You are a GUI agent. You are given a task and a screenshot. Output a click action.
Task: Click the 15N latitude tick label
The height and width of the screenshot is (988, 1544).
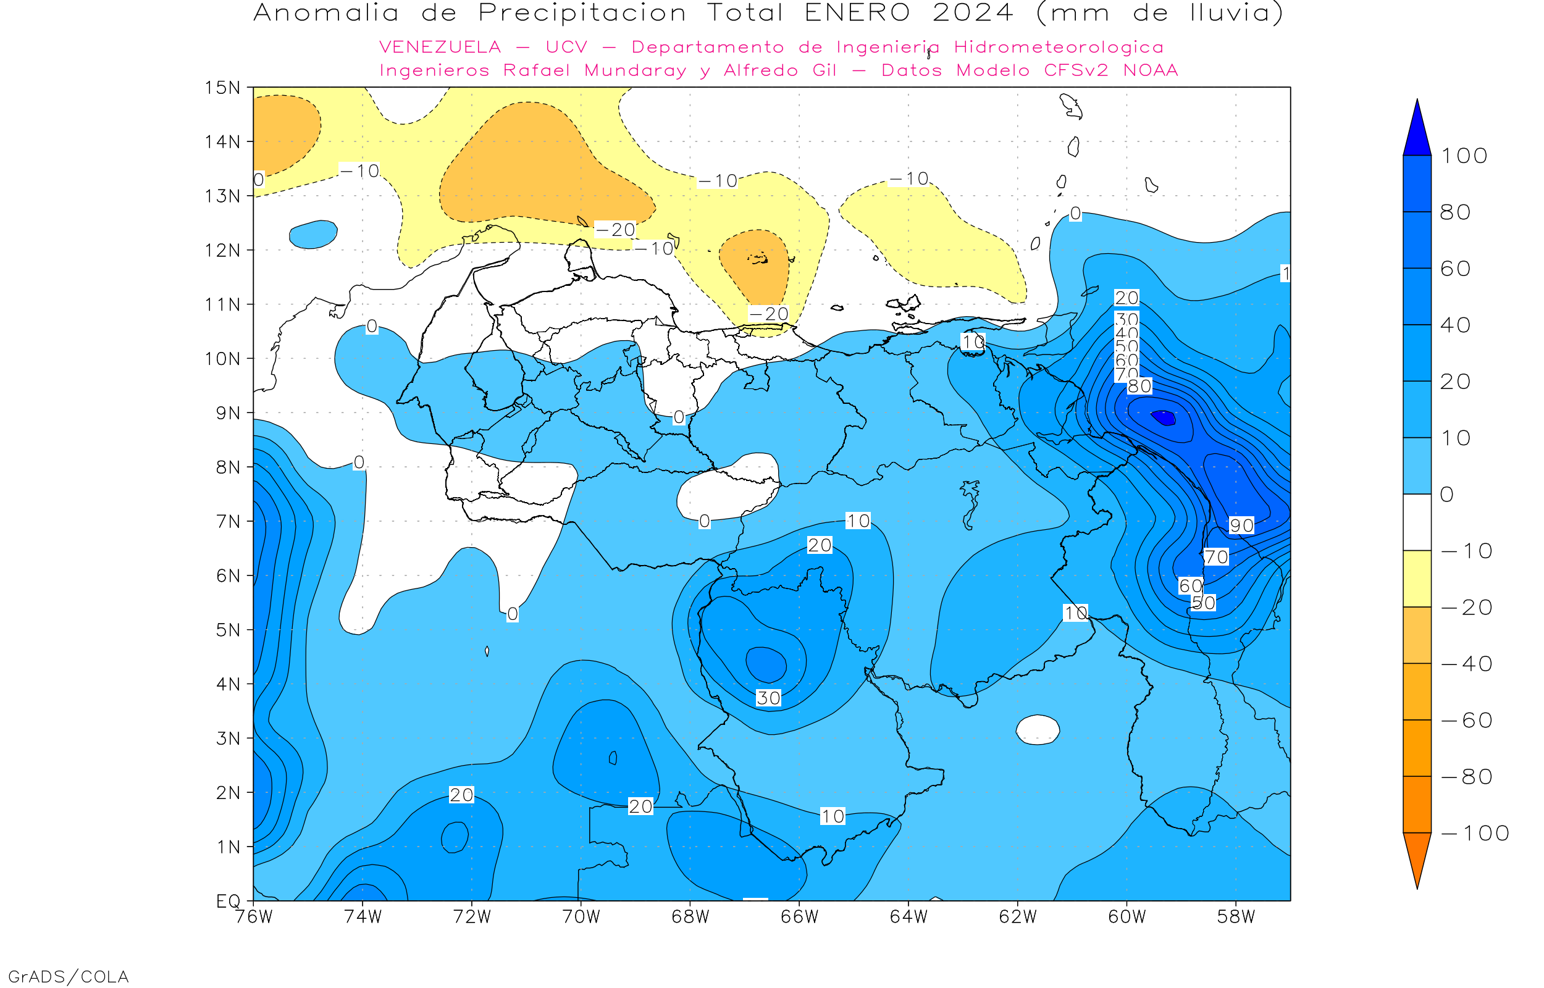[222, 87]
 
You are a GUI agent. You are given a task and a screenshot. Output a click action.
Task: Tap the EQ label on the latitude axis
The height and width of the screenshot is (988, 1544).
[228, 901]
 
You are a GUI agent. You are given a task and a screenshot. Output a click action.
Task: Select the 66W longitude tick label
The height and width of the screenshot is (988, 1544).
[799, 918]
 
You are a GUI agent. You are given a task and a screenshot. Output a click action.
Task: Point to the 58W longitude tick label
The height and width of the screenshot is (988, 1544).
[1236, 918]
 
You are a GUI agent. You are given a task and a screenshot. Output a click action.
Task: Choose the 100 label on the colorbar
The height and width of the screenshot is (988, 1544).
[1464, 156]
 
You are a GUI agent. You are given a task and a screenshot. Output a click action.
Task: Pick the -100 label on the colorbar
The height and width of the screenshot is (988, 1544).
[1475, 834]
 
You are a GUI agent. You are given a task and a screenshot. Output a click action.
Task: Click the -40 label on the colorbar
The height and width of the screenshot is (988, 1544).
[1467, 664]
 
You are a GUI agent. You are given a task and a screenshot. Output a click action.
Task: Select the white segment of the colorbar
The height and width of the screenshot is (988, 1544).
[1417, 522]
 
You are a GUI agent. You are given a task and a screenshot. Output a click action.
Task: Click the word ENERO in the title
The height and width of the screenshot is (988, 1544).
[857, 13]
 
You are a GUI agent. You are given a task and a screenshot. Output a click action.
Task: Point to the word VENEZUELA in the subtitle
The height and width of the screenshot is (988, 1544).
[440, 48]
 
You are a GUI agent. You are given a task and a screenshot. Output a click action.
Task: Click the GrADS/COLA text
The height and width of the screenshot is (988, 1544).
[68, 976]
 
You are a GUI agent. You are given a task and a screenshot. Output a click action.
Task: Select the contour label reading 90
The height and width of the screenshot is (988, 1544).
[1241, 525]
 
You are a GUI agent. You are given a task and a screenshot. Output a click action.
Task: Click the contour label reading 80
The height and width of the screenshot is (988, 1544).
[1139, 386]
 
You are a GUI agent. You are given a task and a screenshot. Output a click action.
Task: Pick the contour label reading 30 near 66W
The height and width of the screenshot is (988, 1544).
[768, 698]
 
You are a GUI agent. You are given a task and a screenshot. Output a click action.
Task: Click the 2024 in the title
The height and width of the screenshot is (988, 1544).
[973, 13]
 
